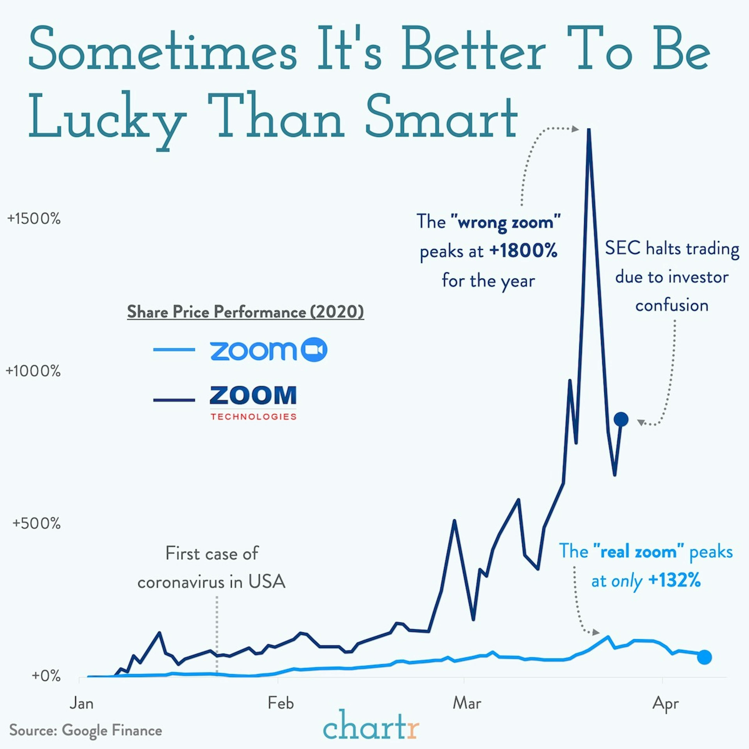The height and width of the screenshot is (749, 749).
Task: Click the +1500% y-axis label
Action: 34,219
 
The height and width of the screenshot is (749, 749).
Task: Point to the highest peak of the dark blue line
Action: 589,130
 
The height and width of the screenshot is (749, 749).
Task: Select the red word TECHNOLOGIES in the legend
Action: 254,417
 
